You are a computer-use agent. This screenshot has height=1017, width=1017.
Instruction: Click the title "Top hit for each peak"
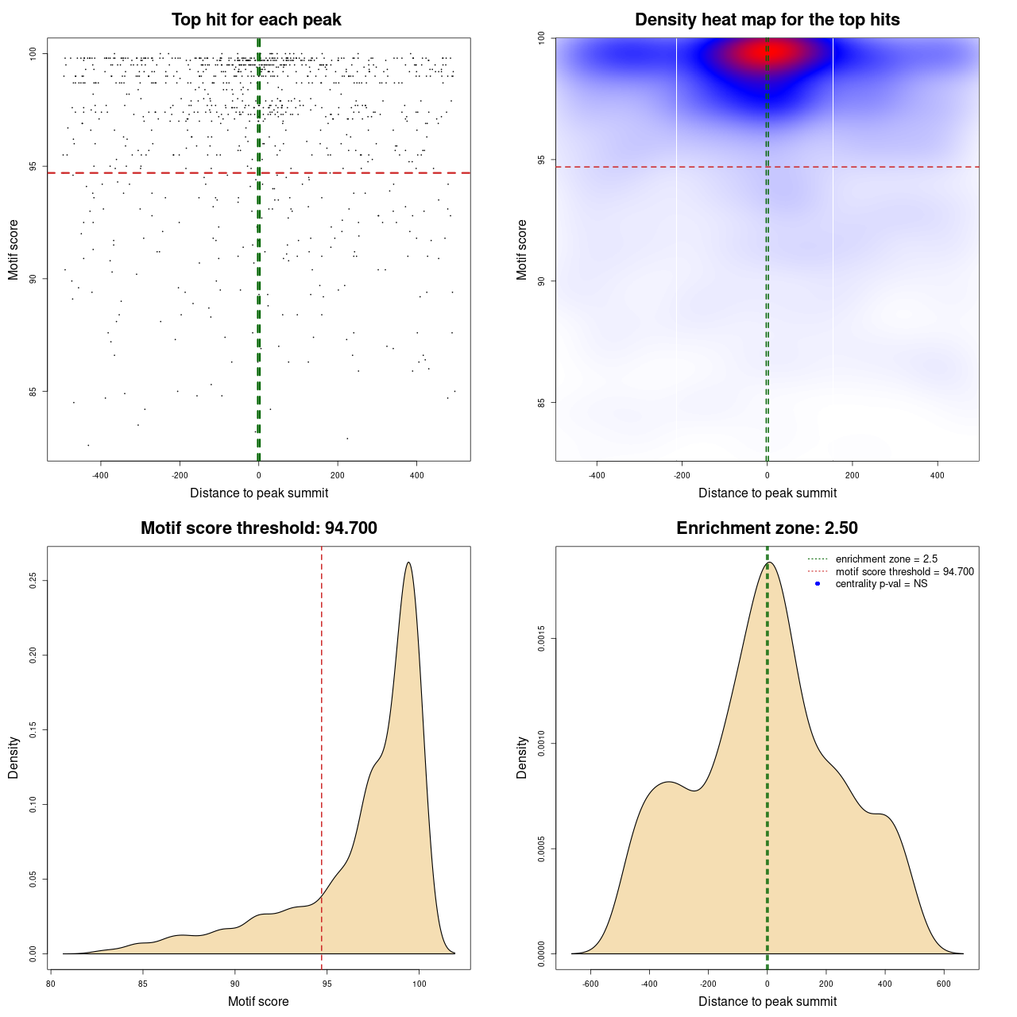coord(257,20)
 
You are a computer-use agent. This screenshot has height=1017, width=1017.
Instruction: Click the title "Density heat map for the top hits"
coord(767,20)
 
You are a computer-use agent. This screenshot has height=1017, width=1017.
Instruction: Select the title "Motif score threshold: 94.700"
coord(258,528)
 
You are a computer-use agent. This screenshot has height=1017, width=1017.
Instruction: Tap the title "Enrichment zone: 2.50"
coord(767,528)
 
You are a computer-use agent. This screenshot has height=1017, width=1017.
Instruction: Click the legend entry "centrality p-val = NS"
coord(881,584)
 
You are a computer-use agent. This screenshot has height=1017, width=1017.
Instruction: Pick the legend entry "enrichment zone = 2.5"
coord(886,559)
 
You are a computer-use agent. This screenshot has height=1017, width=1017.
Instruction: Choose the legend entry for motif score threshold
coord(904,572)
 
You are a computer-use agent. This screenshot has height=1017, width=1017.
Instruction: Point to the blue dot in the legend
coord(818,584)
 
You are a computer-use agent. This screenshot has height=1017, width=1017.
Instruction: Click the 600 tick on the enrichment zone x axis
coord(944,983)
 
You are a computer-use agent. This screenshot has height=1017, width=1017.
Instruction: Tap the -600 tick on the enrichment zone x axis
coord(590,983)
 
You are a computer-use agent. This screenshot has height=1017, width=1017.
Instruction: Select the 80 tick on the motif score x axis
coord(51,983)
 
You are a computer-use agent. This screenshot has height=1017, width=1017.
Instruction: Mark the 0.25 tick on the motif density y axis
coord(33,581)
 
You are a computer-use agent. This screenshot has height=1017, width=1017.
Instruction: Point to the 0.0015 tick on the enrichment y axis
coord(542,639)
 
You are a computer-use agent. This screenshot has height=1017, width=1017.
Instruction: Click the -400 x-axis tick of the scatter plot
coord(100,475)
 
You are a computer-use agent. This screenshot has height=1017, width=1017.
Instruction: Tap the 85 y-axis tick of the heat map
coord(542,402)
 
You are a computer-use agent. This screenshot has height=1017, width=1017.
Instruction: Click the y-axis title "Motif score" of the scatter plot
coord(14,249)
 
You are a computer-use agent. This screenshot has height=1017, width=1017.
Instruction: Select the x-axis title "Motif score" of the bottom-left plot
coord(258,1001)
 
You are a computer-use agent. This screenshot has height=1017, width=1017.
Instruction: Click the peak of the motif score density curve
coord(408,563)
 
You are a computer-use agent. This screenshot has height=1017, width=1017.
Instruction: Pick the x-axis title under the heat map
coord(767,493)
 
